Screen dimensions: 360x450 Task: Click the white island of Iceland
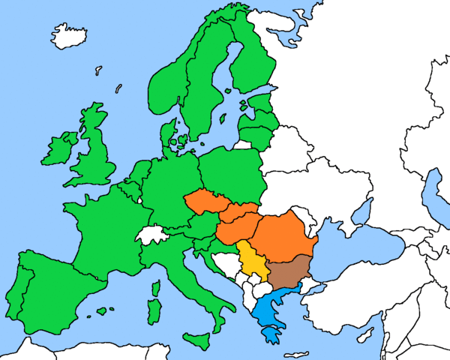[69, 34]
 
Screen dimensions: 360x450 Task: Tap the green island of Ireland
[60, 150]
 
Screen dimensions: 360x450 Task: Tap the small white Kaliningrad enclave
[241, 145]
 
